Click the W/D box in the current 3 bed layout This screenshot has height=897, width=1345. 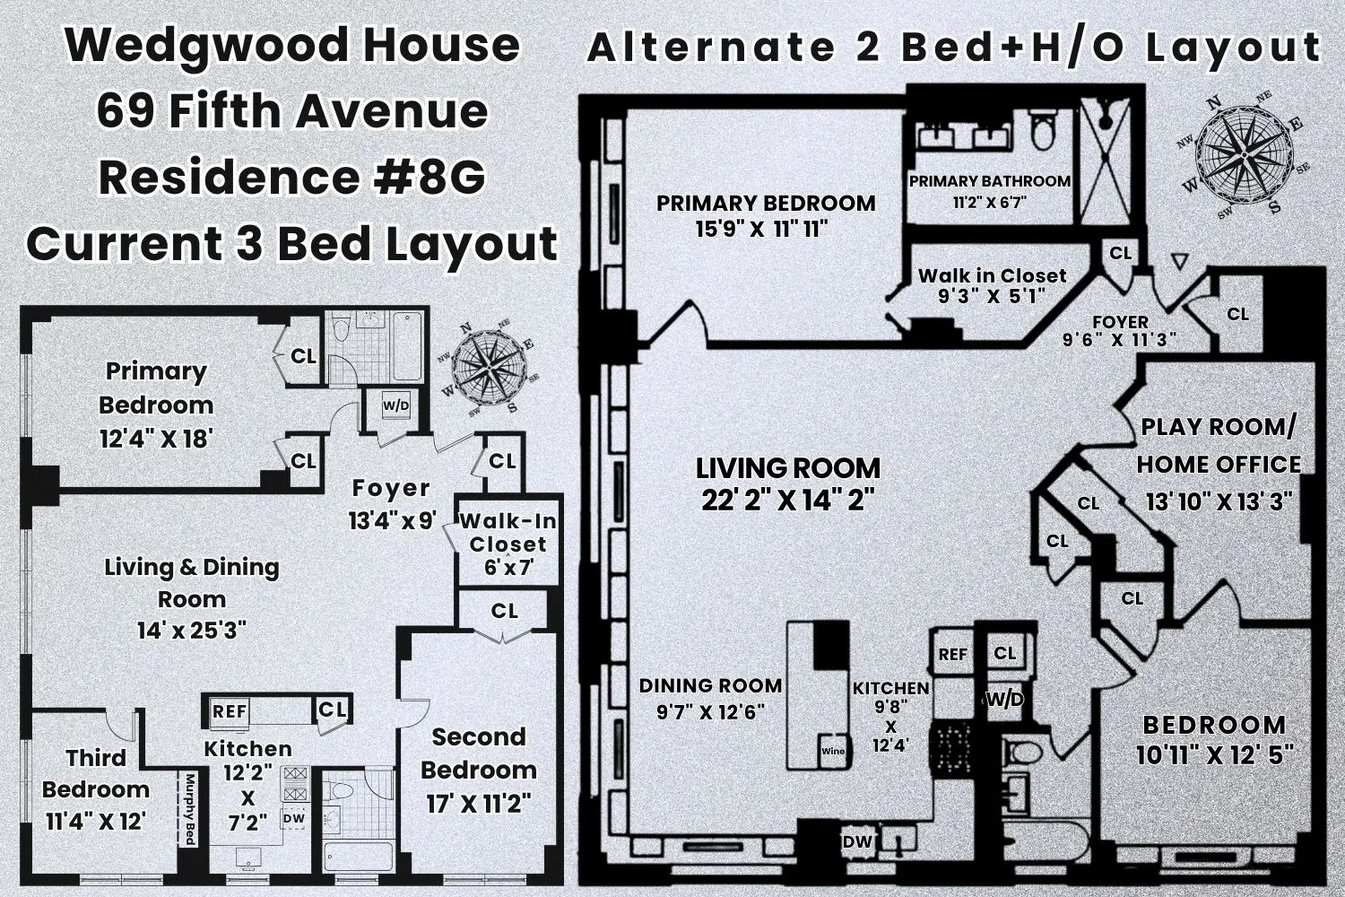(395, 406)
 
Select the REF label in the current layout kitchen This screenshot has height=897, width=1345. (230, 711)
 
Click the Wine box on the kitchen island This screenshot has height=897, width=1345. (833, 752)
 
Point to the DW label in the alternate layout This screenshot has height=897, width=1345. (857, 842)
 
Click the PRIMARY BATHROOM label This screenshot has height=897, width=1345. (990, 181)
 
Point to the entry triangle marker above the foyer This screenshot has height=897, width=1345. (1180, 261)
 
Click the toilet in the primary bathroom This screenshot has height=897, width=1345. (1042, 131)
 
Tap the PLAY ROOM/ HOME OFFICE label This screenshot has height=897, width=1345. (1219, 446)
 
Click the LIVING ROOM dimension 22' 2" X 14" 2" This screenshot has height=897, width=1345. (787, 500)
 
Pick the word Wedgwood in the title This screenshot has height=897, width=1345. (179, 45)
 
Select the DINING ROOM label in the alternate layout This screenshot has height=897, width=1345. (710, 686)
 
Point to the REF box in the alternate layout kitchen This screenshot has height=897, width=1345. (952, 655)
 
